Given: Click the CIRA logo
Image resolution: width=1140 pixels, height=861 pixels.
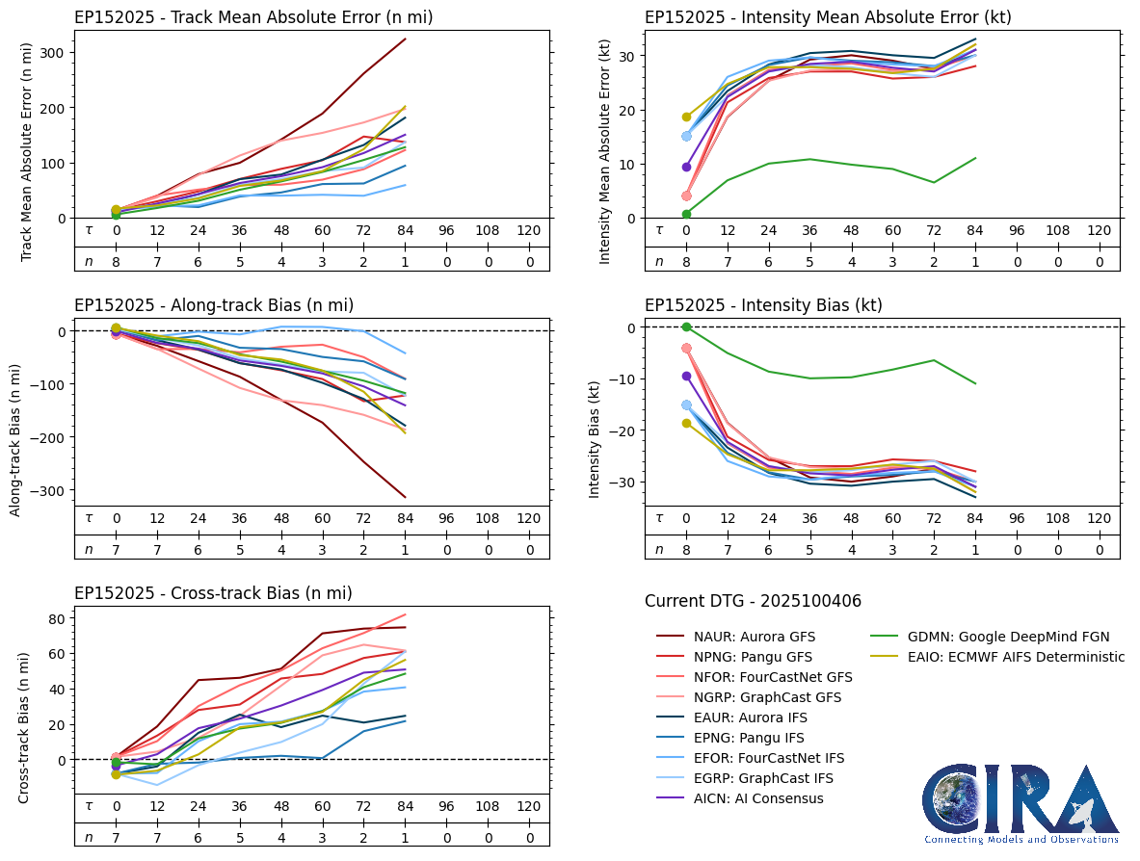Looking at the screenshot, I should (1021, 804).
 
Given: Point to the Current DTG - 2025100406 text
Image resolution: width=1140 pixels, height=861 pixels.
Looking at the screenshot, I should (753, 601).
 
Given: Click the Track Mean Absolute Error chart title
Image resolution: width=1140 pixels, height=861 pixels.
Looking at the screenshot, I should (253, 17).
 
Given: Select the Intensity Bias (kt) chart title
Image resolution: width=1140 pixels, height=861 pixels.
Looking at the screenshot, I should (763, 305).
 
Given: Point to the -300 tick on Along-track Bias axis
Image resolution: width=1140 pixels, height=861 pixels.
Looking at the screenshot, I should (48, 490).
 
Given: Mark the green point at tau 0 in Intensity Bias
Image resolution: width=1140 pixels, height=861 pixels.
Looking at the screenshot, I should (686, 327).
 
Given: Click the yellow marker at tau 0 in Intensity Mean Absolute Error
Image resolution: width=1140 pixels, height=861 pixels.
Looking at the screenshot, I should (686, 117).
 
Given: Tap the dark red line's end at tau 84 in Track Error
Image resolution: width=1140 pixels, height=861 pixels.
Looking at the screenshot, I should (405, 39).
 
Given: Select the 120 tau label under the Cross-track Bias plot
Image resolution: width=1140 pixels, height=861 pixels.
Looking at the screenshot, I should (528, 806).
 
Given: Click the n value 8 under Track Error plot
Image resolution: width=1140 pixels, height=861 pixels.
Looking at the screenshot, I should (116, 261).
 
